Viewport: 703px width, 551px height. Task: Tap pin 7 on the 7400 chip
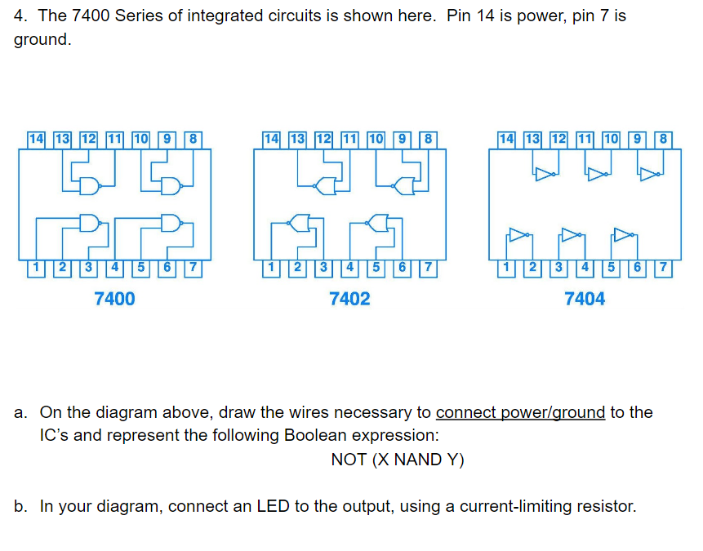coord(193,267)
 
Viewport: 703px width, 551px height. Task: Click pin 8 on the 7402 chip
coord(428,139)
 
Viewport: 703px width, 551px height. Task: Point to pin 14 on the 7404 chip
coord(507,139)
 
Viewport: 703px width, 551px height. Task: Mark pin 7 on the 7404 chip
coord(663,267)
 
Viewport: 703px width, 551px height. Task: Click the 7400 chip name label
coord(115,299)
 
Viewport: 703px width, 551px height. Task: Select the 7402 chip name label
coord(349,299)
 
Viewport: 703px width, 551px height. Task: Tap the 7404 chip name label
coord(585,299)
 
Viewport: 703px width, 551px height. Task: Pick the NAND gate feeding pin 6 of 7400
coord(170,221)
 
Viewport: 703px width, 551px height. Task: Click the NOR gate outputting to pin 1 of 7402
coord(299,221)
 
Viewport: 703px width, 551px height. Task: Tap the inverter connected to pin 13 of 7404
coord(545,173)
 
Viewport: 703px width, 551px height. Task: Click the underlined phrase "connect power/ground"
coord(520,412)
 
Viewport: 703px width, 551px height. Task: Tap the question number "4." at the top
coord(22,16)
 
